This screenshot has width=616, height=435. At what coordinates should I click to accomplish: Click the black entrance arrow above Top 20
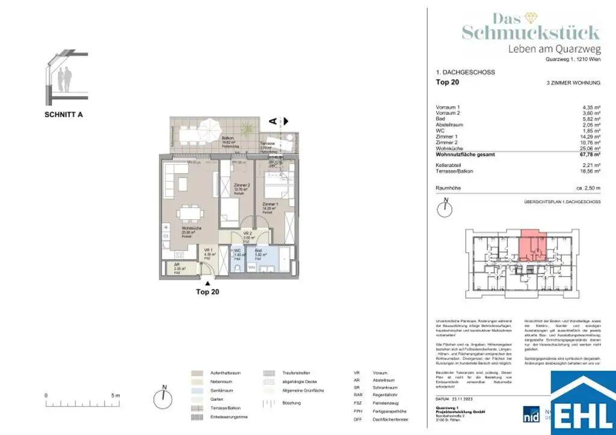point(208,282)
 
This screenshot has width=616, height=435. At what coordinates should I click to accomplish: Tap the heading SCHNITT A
point(63,114)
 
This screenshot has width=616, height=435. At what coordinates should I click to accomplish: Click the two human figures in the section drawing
point(64,79)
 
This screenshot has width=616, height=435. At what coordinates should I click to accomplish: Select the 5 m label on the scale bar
point(116,395)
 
